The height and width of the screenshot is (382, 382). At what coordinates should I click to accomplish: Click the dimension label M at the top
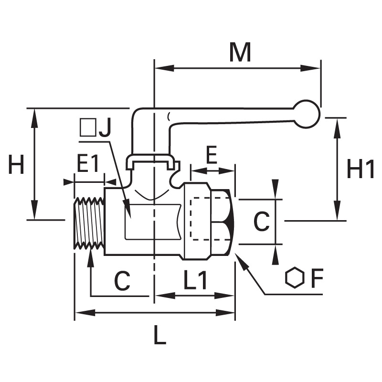[x=240, y=53]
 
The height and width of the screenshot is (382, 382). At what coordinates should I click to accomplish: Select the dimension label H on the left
[x=16, y=164]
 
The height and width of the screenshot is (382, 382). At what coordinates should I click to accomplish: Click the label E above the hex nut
[x=212, y=155]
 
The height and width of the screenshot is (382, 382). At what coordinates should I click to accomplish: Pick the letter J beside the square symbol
[x=105, y=127]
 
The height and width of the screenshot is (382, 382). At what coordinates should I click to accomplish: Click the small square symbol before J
[x=88, y=127]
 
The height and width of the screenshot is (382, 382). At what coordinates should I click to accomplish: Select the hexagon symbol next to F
[x=295, y=278]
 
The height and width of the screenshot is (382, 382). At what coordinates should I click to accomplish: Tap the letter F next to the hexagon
[x=317, y=278]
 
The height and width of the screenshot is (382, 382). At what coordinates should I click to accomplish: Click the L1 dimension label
[x=195, y=280]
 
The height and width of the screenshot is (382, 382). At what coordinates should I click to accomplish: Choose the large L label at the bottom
[x=160, y=335]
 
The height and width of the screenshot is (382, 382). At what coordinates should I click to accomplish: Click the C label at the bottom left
[x=122, y=281]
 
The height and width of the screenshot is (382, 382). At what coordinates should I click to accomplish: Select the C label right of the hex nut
[x=261, y=222]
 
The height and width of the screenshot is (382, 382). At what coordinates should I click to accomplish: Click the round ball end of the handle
[x=307, y=114]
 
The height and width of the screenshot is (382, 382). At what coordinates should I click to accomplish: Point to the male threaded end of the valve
[x=89, y=223]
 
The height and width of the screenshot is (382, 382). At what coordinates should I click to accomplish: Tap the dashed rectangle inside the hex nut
[x=210, y=219]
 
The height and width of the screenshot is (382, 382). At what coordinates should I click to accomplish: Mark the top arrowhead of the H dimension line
[x=34, y=118]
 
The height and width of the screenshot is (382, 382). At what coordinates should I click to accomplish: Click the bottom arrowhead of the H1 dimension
[x=337, y=211]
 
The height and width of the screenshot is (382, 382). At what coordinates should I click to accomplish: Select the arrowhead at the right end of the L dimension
[x=225, y=313]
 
